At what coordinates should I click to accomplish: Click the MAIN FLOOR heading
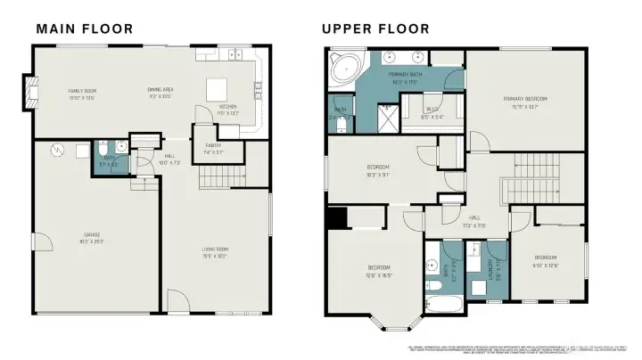(85, 29)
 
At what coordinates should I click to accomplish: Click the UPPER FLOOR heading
(374, 29)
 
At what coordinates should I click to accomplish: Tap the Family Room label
(82, 93)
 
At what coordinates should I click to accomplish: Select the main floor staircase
(221, 179)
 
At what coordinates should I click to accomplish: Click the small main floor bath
(108, 153)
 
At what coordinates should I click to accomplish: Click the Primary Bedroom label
(524, 101)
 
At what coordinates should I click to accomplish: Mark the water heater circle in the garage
(58, 149)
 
